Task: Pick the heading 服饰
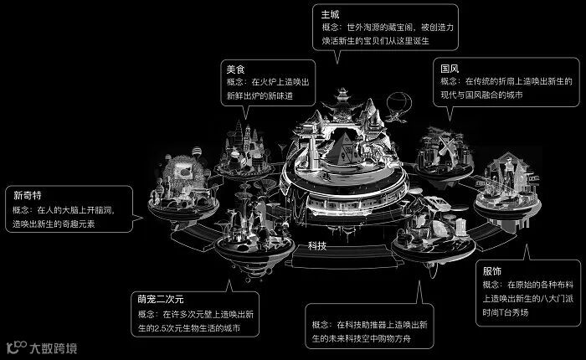pyautogui.click(x=491, y=270)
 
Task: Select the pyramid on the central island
pyautogui.click(x=342, y=148)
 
